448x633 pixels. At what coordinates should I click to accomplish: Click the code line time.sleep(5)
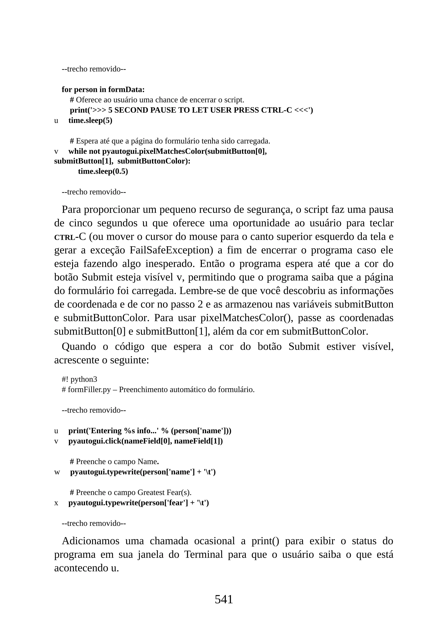90,120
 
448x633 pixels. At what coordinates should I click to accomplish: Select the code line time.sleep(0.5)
103,172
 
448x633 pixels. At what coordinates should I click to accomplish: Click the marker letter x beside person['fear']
56,503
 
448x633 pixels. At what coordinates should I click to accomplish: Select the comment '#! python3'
79,379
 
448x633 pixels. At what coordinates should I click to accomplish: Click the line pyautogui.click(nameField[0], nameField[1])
145,441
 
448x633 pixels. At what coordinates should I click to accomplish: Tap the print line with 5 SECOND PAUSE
191,110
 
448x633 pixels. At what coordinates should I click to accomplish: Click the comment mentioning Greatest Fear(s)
130,492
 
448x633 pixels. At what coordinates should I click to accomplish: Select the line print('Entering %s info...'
150,431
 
